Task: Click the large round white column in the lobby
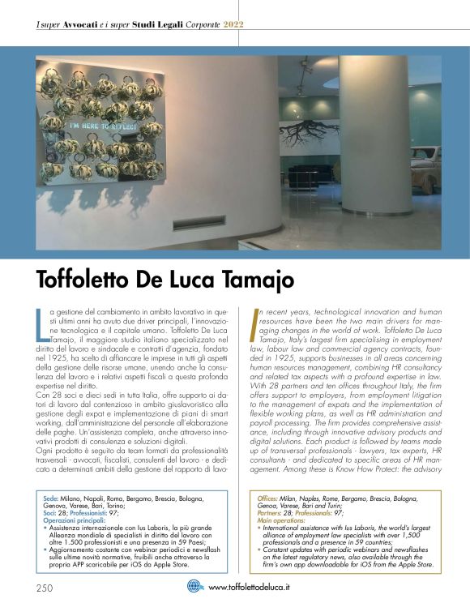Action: point(373,138)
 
